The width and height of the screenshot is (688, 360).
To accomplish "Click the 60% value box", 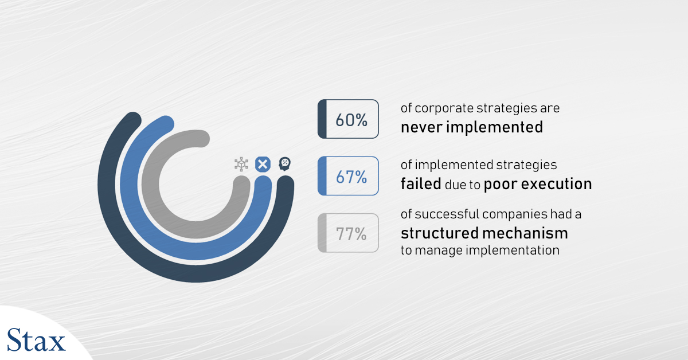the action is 349,119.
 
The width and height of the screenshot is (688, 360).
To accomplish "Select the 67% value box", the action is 349,176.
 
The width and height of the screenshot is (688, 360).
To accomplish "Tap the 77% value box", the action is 349,233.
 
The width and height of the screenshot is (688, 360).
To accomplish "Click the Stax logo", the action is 36,340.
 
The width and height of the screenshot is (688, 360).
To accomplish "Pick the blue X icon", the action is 263,165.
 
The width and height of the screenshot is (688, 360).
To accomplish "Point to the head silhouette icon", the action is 285,164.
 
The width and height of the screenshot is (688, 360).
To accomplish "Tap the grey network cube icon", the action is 241,164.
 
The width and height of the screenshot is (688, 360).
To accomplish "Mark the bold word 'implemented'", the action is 494,127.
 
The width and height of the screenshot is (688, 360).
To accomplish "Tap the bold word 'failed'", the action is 421,184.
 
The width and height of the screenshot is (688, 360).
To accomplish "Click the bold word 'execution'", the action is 557,185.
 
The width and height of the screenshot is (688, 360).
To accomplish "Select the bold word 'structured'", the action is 439,233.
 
